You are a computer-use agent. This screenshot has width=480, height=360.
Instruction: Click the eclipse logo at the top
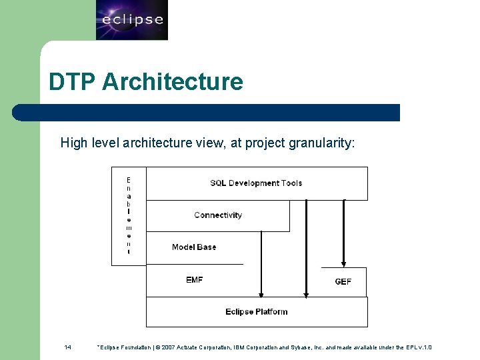132,20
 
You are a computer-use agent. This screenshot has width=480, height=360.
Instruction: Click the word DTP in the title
73,82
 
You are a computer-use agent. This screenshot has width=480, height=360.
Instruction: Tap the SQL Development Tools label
256,183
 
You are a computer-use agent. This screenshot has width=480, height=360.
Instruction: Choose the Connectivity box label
218,215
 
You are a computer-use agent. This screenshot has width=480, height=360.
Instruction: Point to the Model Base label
194,247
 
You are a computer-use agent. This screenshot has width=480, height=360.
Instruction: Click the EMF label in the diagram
195,280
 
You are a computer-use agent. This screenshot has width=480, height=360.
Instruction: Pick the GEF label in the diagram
343,282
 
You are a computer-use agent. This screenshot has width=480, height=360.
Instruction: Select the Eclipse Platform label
257,312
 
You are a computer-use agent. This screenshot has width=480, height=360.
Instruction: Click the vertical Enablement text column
129,215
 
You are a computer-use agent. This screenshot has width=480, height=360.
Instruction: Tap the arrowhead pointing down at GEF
344,263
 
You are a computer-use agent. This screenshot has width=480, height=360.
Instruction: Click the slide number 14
67,347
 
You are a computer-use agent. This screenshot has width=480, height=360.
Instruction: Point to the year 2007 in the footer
167,347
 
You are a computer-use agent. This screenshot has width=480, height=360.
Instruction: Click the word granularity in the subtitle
327,143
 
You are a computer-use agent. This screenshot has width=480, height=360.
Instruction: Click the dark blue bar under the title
207,113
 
